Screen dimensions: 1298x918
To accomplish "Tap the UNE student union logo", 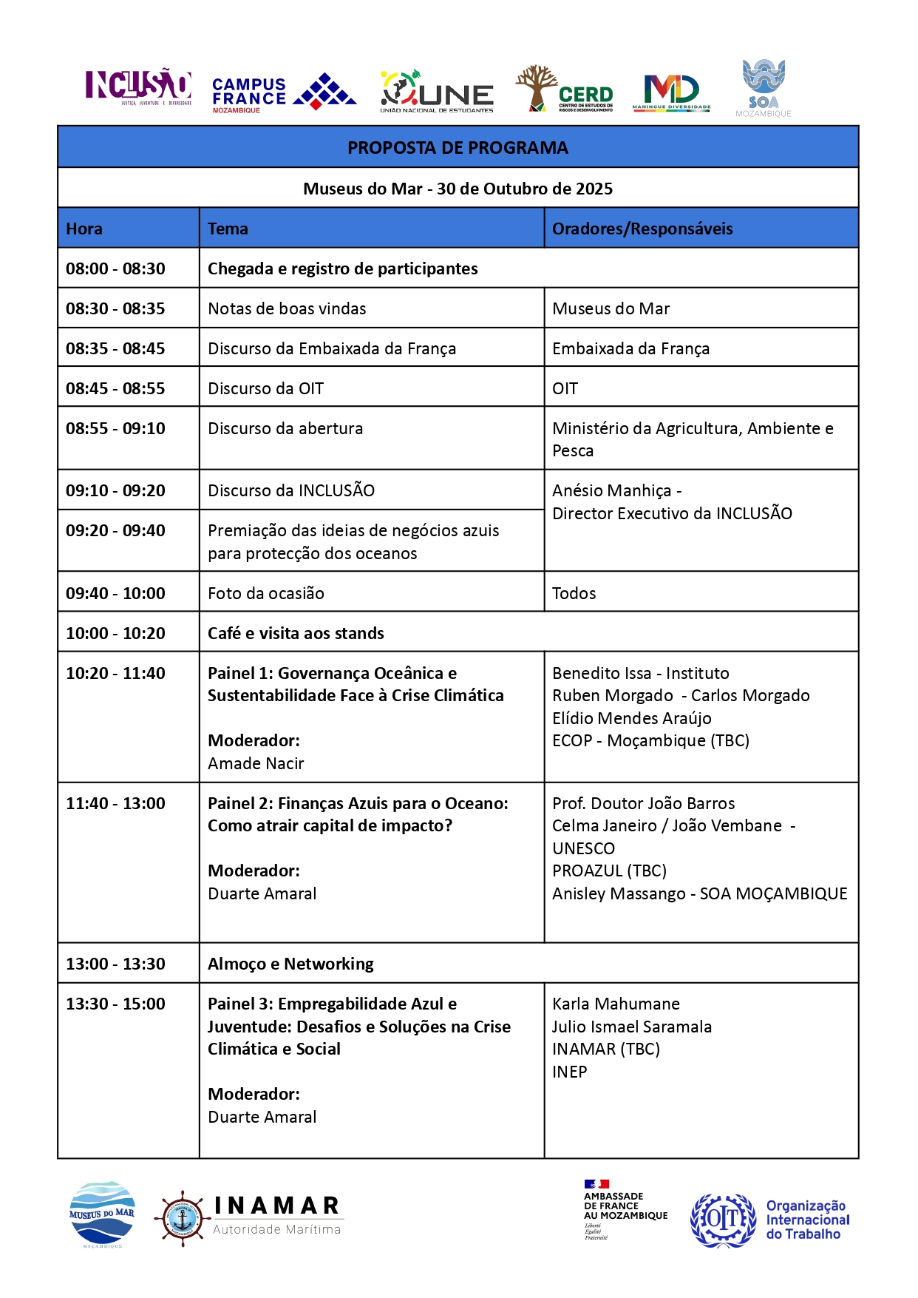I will [437, 92].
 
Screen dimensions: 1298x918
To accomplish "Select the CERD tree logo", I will [565, 90].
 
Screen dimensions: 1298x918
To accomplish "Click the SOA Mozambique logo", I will [764, 88].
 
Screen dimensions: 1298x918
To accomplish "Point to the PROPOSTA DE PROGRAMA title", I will [458, 148].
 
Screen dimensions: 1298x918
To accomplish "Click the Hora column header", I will [84, 229].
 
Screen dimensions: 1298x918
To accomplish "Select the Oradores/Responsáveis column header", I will [642, 229].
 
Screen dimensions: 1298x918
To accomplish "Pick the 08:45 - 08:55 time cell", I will [115, 389].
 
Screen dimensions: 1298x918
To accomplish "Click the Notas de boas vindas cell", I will [287, 309].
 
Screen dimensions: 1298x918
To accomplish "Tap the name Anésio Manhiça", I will [612, 491].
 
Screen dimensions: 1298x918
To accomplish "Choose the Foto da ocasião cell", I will [266, 594].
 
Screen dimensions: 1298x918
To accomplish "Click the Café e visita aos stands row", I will [296, 634].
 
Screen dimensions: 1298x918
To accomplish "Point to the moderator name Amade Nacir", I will [256, 764].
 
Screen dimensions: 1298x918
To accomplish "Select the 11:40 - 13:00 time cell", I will [115, 804].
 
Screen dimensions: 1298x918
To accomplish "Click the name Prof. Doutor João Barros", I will [643, 804].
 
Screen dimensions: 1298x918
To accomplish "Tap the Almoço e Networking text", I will [290, 964].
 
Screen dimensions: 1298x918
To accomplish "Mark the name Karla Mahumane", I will [616, 1004].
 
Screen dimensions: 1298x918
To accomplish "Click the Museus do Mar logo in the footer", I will [102, 1214].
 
